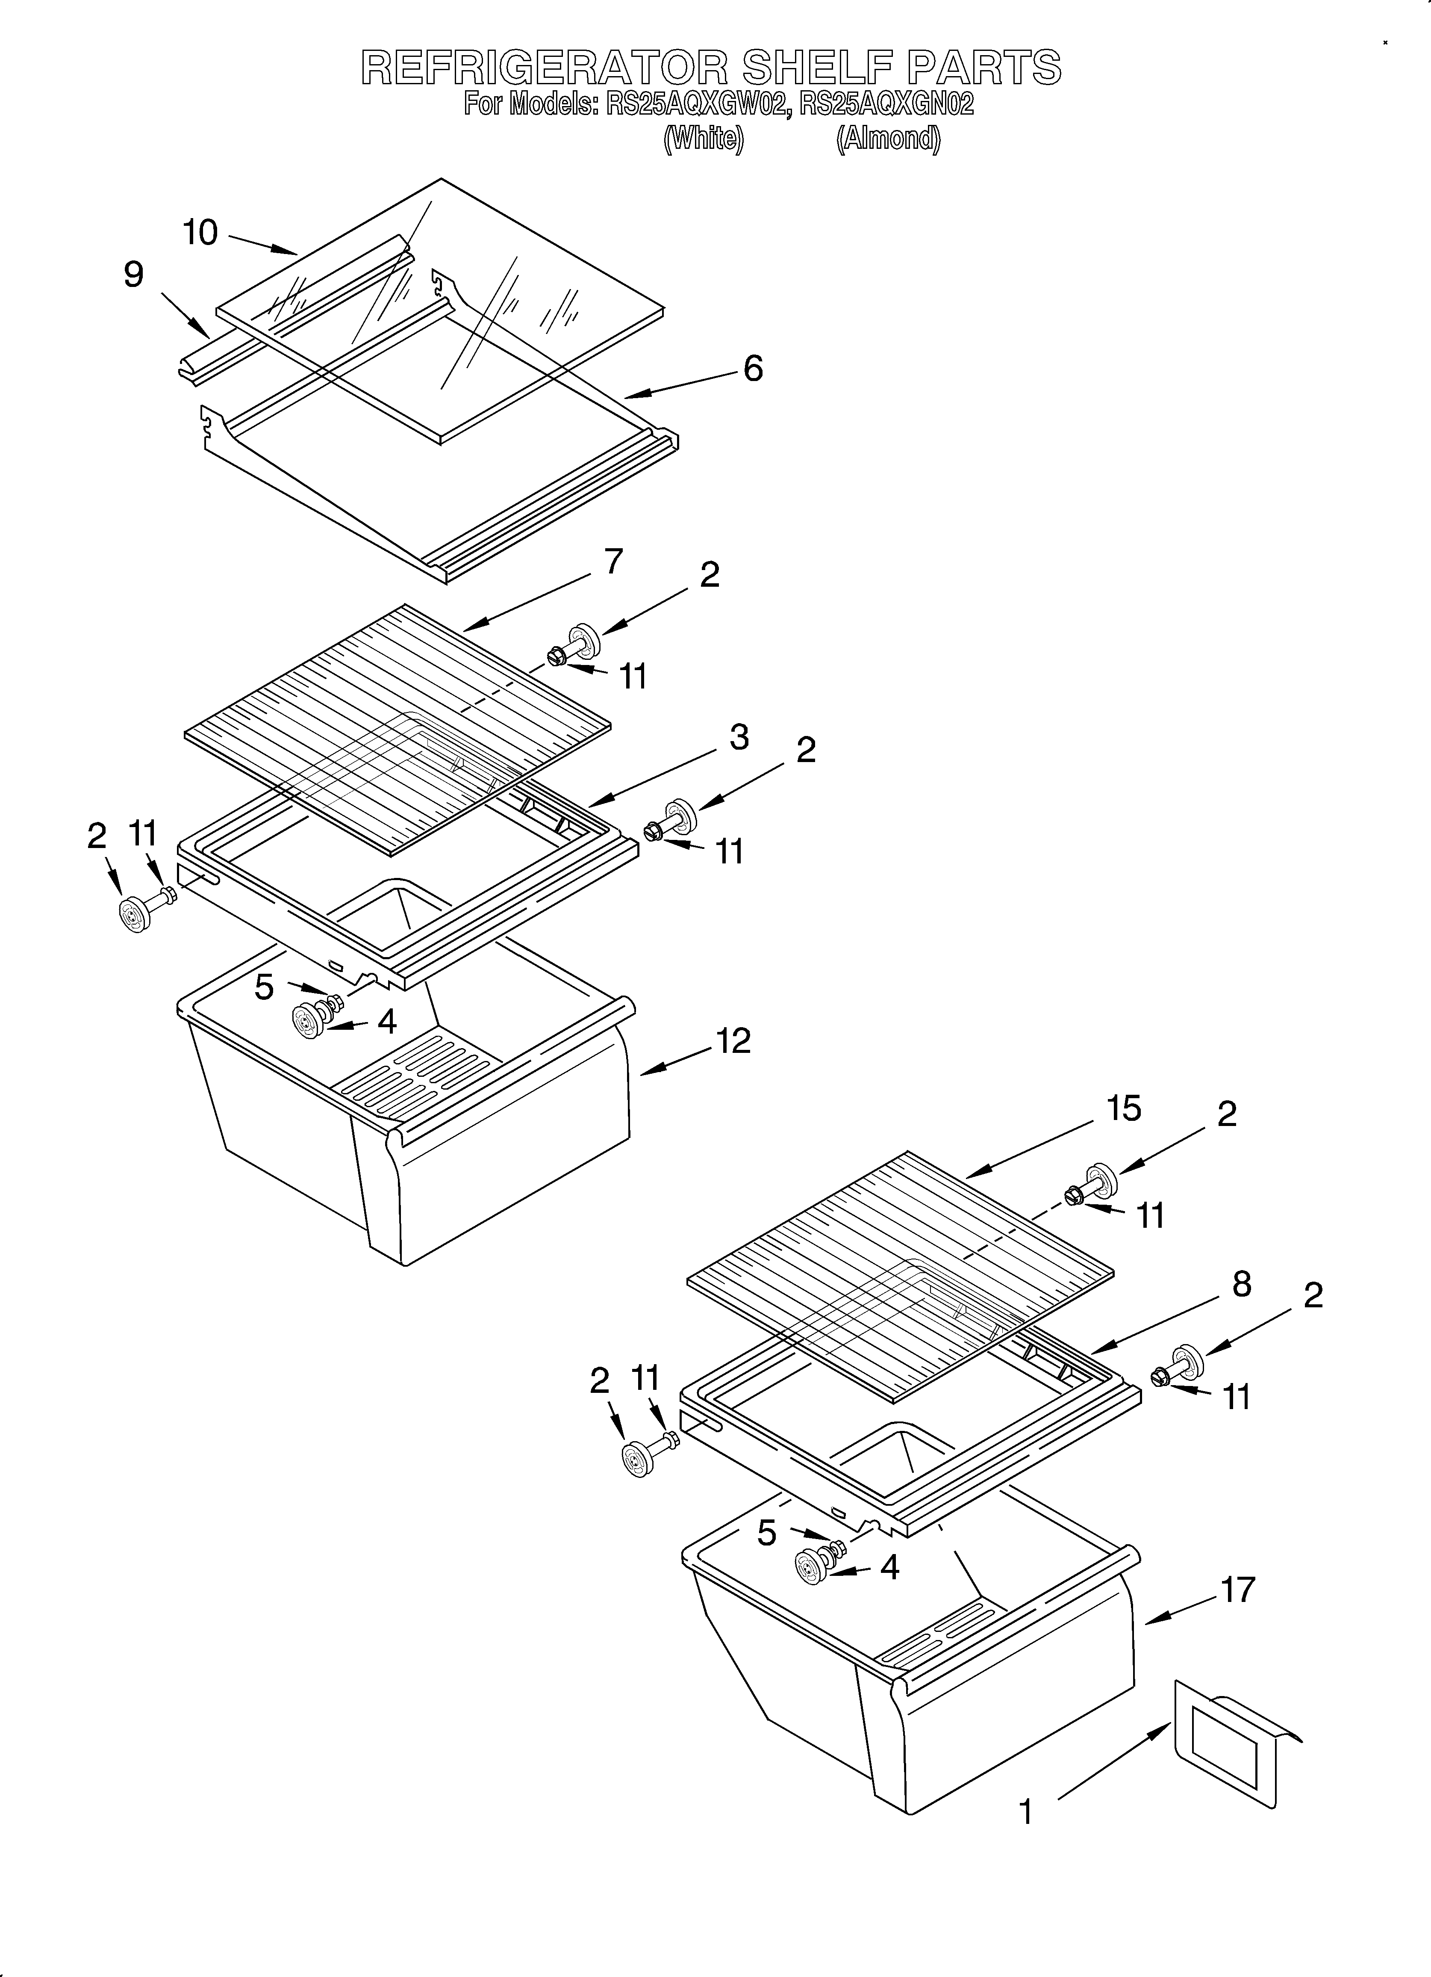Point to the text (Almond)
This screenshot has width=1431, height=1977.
[888, 139]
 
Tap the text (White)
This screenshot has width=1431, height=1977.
[703, 139]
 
